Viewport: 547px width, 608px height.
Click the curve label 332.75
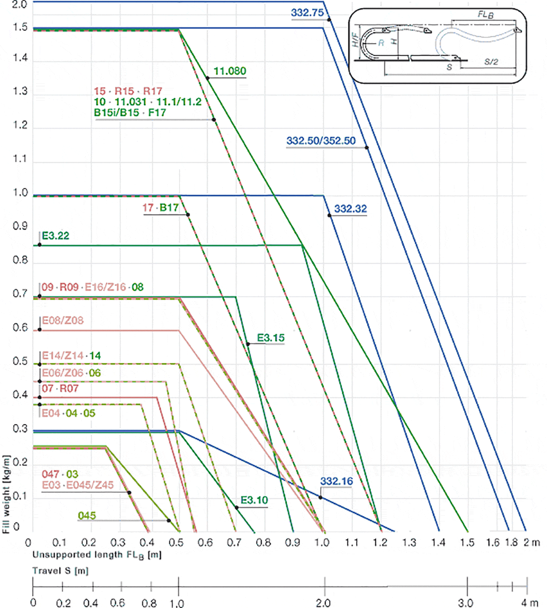point(307,13)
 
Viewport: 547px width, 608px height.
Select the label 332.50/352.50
point(321,140)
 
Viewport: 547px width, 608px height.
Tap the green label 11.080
point(230,71)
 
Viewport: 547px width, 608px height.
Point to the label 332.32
point(350,209)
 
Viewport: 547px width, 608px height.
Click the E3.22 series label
point(56,236)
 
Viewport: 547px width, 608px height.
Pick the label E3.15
point(271,338)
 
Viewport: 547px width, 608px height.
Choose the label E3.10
point(254,500)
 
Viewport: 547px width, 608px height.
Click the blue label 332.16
point(336,481)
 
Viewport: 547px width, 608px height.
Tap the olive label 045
point(87,515)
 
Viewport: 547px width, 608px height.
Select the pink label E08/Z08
point(63,321)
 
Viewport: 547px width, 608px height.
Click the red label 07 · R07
point(60,388)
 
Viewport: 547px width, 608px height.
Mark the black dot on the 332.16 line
point(321,497)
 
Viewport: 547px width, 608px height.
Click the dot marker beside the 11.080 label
point(208,78)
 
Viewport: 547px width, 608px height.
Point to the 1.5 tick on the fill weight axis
point(20,28)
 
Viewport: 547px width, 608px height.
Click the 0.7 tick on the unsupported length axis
point(234,542)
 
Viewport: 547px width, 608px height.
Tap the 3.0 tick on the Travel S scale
point(466,602)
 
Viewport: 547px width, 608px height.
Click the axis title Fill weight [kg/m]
point(6,494)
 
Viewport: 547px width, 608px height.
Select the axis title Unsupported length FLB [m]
point(97,555)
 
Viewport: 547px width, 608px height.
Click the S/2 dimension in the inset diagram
point(491,62)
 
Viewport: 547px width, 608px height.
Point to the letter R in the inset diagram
point(381,43)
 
